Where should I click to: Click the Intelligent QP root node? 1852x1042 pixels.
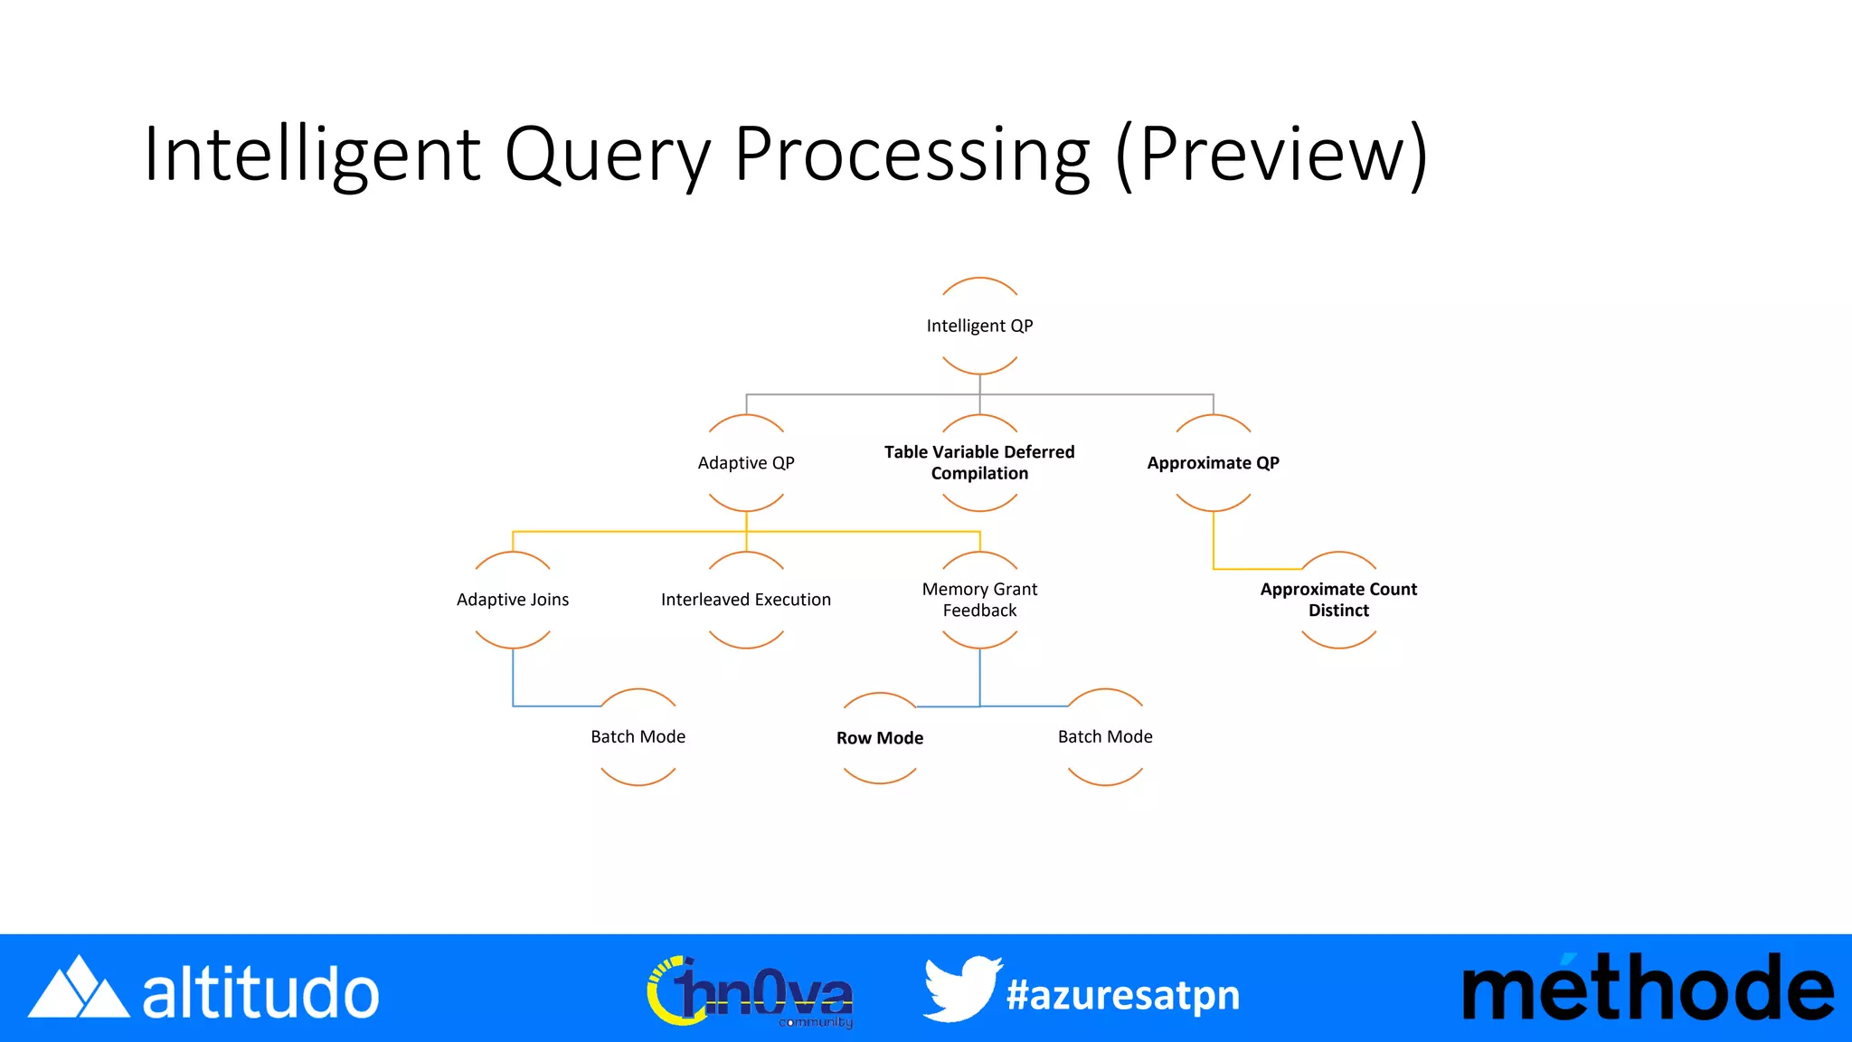pos(979,326)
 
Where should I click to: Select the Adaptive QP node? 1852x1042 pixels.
pos(746,463)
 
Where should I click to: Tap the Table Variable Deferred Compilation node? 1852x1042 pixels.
pos(979,463)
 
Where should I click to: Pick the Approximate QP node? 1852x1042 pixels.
pos(1213,463)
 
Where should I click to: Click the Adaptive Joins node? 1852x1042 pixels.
pos(513,600)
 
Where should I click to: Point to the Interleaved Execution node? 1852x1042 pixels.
pos(746,600)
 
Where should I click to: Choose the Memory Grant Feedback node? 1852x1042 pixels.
pos(979,600)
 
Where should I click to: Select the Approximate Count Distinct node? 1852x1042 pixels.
pos(1338,600)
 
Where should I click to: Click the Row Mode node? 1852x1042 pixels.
pos(880,738)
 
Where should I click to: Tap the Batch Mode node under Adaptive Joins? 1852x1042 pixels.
pos(638,737)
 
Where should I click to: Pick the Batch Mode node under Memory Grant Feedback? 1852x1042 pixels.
pos(1105,737)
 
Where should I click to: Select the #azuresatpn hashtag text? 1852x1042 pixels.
pos(1123,995)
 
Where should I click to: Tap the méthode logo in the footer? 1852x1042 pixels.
pos(1648,989)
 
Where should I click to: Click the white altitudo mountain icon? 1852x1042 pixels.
pos(79,989)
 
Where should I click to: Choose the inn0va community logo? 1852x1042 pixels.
pos(751,992)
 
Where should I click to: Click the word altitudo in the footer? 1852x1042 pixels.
pos(260,993)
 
